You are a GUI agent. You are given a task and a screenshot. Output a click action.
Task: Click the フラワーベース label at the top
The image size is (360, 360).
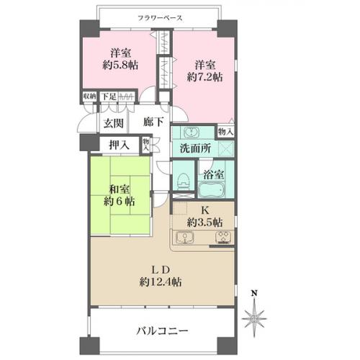tap(160, 18)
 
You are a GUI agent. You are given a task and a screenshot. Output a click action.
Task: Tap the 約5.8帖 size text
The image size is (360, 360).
tap(120, 65)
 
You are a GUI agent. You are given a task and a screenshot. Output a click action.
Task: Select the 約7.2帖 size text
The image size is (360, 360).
tap(204, 77)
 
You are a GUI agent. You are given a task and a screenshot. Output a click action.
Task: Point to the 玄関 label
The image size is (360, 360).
tap(114, 124)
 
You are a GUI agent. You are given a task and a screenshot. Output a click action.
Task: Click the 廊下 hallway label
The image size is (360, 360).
tap(153, 122)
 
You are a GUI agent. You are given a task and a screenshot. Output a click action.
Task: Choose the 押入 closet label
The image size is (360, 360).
tap(120, 145)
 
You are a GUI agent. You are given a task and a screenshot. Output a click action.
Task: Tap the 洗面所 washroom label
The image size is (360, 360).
tap(195, 148)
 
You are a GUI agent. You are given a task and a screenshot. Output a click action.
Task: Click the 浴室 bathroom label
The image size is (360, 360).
tap(214, 174)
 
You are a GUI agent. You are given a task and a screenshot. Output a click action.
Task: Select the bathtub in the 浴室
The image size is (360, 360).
tap(212, 189)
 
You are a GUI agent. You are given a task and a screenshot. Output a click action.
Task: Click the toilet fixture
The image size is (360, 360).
tap(184, 181)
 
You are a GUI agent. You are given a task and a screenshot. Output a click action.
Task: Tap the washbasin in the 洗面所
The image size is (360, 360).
tap(192, 132)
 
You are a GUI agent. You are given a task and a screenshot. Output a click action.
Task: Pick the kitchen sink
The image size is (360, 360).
tap(185, 238)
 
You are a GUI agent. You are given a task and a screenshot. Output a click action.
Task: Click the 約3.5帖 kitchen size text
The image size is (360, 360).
tap(204, 223)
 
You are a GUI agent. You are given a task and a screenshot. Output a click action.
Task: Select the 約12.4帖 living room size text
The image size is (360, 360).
tap(161, 282)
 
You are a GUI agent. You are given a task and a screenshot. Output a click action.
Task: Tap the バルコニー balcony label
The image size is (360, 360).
tap(162, 331)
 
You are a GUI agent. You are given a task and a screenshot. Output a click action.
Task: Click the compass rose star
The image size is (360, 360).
tap(254, 319)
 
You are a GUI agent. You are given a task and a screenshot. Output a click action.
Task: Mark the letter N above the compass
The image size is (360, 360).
tap(254, 293)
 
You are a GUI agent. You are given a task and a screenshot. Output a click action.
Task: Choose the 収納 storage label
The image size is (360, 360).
tap(89, 96)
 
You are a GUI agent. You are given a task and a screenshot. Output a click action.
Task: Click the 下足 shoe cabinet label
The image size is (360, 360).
tap(109, 96)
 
